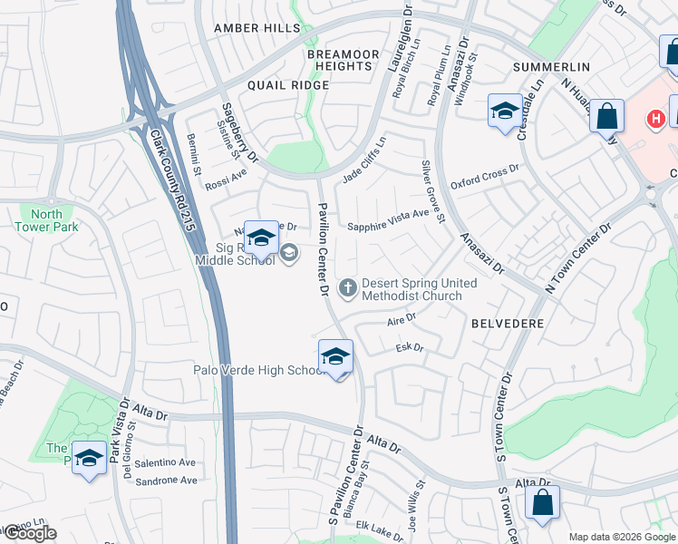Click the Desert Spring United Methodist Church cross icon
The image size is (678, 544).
tap(346, 289)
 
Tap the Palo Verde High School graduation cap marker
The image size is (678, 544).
tap(335, 356)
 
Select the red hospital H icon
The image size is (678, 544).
tap(654, 119)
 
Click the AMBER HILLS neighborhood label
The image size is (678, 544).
tap(257, 29)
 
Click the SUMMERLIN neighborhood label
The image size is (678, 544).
tap(551, 67)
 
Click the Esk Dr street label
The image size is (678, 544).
tap(410, 347)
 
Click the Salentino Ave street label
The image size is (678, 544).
tap(165, 462)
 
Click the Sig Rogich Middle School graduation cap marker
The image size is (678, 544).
tap(261, 239)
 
